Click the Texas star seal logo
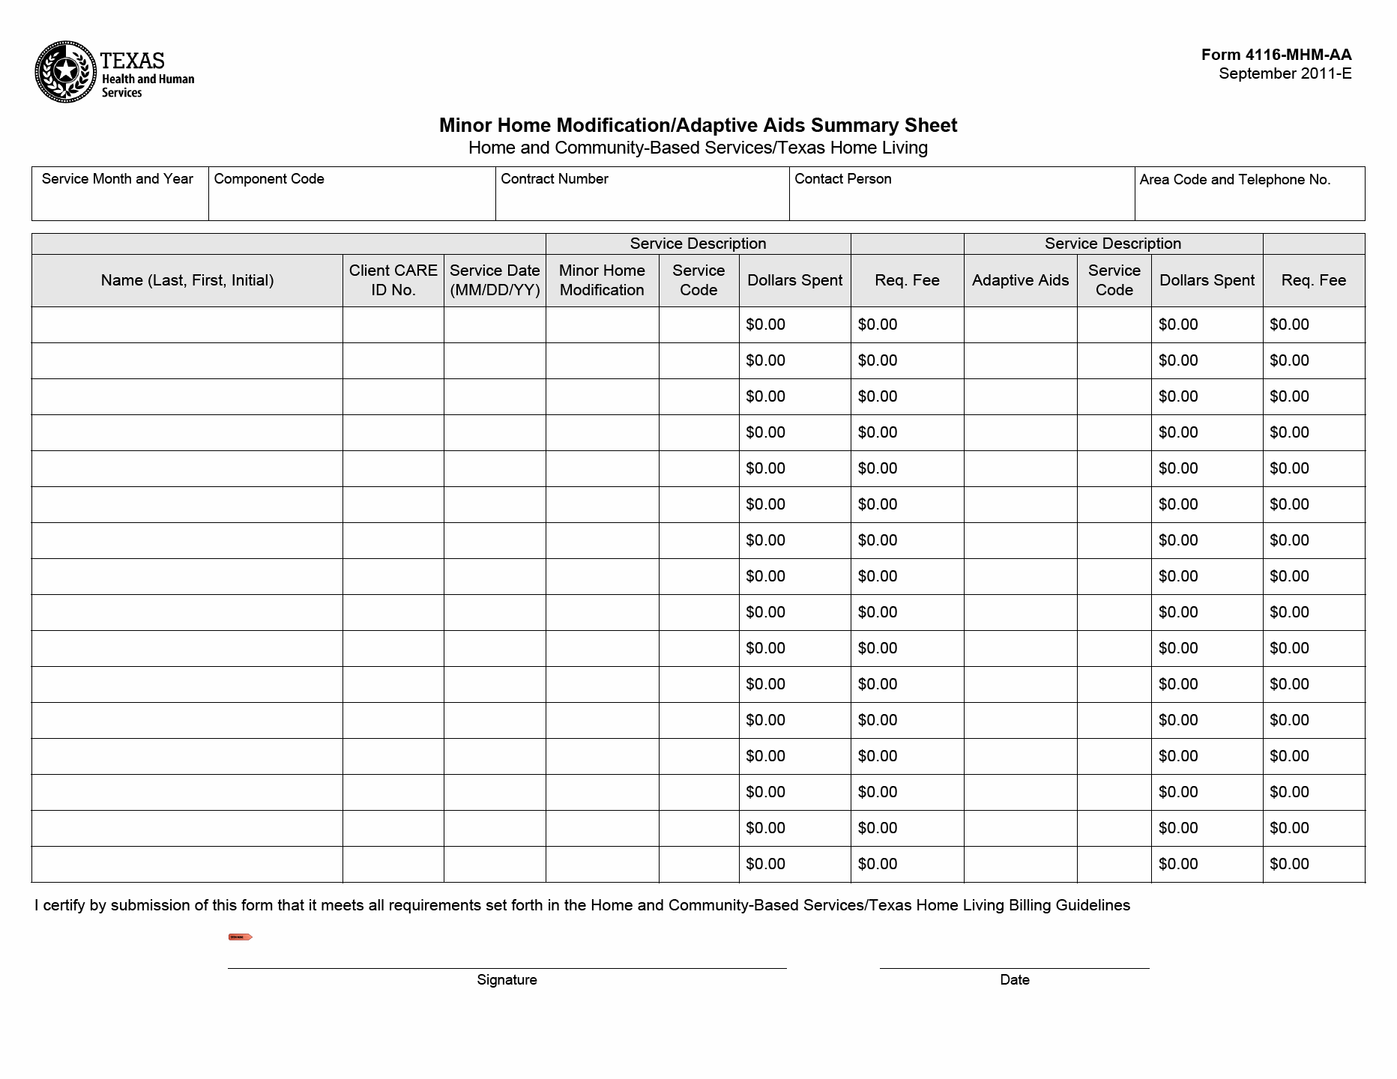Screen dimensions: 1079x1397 coord(66,72)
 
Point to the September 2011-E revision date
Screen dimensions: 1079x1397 coord(1285,73)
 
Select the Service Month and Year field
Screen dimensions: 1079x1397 coord(120,201)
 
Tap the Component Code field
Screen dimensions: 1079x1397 coord(351,201)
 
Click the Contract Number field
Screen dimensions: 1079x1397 coord(642,201)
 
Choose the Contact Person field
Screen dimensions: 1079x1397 coord(962,201)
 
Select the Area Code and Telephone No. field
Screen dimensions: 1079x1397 coord(1249,201)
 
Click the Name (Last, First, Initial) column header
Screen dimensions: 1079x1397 coord(187,280)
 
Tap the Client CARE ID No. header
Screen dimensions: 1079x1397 coord(393,280)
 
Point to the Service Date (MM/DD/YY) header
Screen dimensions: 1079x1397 coord(495,280)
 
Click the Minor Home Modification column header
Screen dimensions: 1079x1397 coord(602,280)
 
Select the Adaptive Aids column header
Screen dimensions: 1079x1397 coord(1020,280)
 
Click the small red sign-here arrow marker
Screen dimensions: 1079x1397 coord(240,937)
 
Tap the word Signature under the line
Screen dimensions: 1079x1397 coord(507,980)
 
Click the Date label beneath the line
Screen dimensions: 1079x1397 coord(1014,980)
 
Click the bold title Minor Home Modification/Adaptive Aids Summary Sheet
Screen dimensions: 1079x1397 coord(698,125)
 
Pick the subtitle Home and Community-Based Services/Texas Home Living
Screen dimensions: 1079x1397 coord(698,148)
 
